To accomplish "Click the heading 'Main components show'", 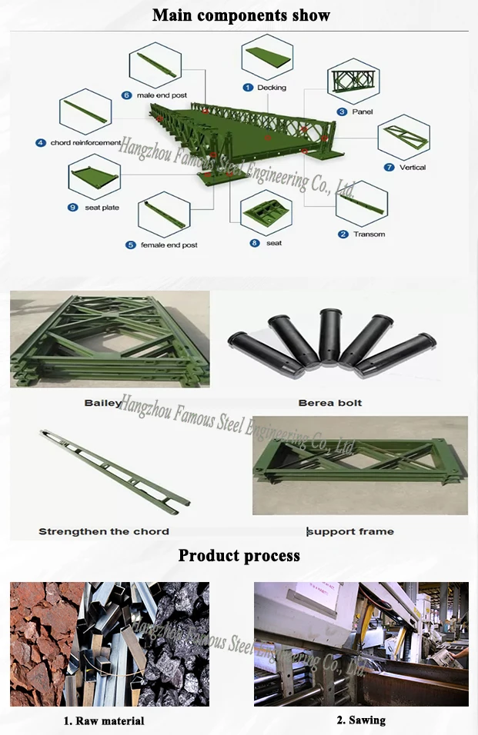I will click(241, 15).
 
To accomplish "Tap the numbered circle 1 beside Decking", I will click(248, 88).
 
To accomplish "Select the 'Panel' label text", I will click(362, 112).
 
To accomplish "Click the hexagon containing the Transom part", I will click(362, 203).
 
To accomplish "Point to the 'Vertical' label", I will click(413, 168).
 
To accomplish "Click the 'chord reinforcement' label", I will click(85, 143).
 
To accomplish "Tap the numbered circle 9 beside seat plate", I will click(73, 208).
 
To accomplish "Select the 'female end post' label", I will click(169, 245).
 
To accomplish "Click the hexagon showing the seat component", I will click(266, 213).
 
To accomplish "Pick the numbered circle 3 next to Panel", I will click(341, 112).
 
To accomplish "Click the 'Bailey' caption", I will click(103, 403).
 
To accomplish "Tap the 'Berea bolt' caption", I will click(329, 403).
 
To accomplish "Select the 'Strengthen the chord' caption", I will click(104, 531).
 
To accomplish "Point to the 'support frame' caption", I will click(351, 531).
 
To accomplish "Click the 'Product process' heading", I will click(239, 555).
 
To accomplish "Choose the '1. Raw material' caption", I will click(103, 721).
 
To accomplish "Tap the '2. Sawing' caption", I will click(361, 720).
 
